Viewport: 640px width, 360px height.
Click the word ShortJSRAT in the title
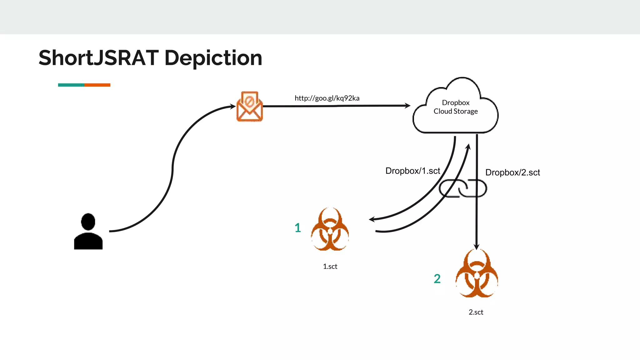[99, 58]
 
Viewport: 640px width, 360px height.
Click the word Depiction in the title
[213, 58]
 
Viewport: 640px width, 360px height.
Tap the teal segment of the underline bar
[71, 85]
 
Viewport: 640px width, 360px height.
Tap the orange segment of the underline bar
[97, 85]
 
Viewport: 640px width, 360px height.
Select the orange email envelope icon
[249, 107]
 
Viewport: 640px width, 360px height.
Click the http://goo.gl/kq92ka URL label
[327, 98]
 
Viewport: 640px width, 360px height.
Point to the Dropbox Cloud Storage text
[456, 107]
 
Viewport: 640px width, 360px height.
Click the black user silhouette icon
[88, 233]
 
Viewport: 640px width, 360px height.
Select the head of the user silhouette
[88, 221]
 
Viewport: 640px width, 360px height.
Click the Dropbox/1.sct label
[412, 171]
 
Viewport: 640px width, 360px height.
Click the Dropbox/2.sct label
[512, 172]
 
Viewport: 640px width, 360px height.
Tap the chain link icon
[463, 188]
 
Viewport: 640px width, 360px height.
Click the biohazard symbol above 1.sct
[330, 230]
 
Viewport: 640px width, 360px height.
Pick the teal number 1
[297, 228]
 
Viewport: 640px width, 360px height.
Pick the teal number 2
[437, 279]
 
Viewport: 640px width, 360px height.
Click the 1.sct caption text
[330, 267]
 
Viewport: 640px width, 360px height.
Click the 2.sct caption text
[476, 312]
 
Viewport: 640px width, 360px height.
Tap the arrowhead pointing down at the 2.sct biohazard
[477, 246]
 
